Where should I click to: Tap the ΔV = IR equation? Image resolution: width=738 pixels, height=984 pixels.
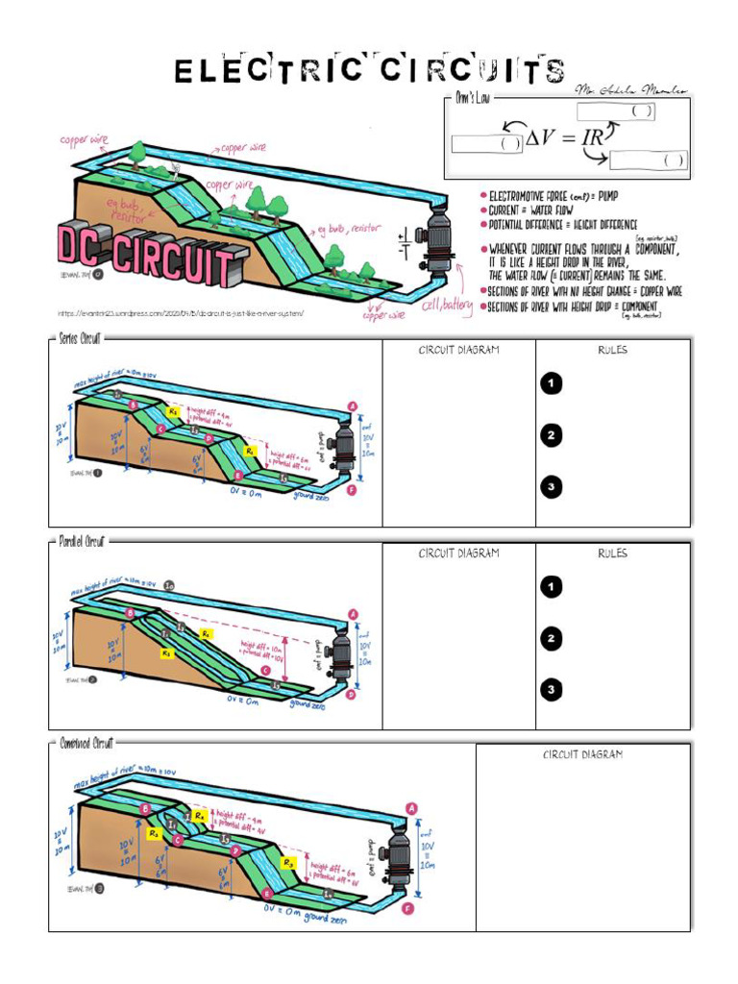(x=565, y=138)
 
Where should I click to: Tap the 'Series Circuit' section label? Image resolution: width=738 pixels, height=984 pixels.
(x=80, y=339)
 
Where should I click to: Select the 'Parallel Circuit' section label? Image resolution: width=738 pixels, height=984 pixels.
(x=82, y=542)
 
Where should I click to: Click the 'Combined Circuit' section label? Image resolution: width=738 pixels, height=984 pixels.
(x=84, y=745)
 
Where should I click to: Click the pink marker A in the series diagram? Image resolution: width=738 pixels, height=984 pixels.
(x=353, y=406)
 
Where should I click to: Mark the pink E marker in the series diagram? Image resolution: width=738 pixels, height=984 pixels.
(x=239, y=475)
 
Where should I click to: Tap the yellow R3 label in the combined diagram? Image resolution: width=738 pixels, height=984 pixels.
(x=288, y=863)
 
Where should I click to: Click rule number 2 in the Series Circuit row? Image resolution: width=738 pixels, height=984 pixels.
(x=551, y=435)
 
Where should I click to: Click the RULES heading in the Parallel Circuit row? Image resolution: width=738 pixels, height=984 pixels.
(x=612, y=553)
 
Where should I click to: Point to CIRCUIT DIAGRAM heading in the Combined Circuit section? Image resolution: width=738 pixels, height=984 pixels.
(x=582, y=755)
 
